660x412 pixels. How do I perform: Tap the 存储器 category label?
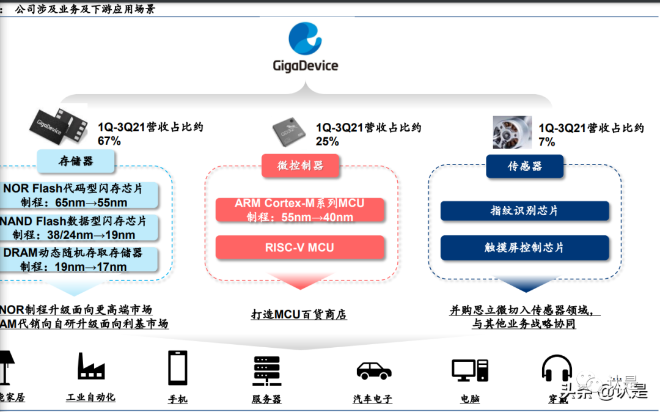[x=76, y=161]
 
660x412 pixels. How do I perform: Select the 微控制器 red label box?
[x=300, y=166]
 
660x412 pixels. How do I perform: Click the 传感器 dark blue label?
[x=525, y=166]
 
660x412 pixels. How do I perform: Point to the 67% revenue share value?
[x=109, y=141]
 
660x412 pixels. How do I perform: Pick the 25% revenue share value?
[x=327, y=141]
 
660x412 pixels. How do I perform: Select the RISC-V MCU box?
[x=299, y=248]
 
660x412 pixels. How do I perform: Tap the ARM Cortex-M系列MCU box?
[x=299, y=210]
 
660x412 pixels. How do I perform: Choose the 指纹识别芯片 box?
[x=524, y=210]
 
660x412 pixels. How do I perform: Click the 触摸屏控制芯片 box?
[x=524, y=248]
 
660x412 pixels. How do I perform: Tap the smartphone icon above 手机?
[x=177, y=368]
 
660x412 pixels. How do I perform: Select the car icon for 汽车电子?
[x=373, y=370]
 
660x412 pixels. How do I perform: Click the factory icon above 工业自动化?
[x=91, y=366]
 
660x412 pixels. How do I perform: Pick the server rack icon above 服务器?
[x=266, y=370]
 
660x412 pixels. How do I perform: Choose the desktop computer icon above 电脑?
[x=470, y=370]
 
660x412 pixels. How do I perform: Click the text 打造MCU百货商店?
[x=299, y=315]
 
